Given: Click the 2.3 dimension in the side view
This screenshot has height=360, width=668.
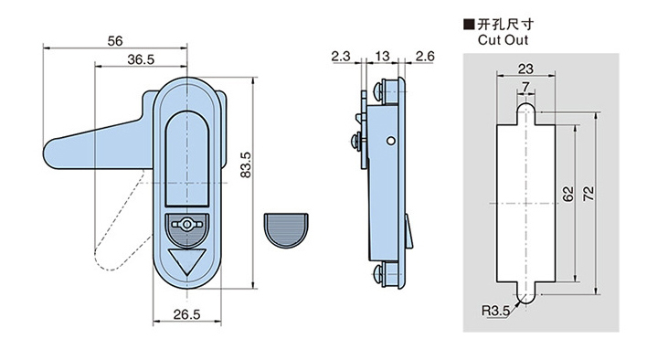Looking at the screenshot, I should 341,57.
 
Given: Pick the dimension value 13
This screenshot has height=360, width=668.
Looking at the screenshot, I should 379,57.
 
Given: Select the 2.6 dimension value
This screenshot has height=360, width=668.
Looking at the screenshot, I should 424,57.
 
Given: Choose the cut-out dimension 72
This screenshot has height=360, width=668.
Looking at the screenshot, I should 588,193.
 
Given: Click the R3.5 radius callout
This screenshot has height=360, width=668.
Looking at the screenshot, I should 494,312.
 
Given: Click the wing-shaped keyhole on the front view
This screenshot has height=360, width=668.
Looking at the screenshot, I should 186,225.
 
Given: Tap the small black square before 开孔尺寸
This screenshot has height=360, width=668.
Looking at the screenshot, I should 470,25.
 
